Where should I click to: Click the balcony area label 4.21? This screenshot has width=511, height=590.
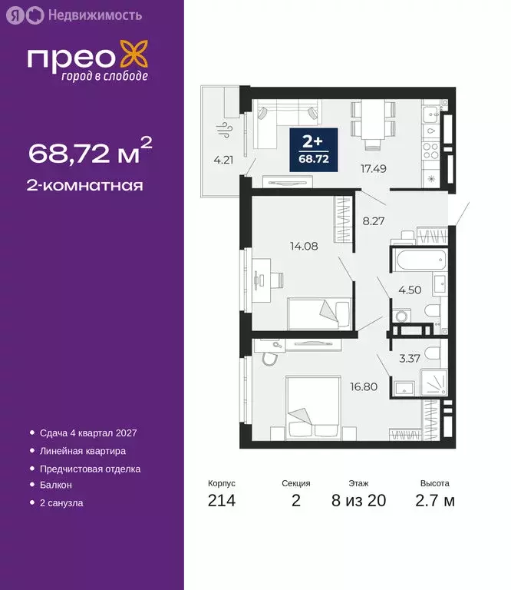[x=223, y=161]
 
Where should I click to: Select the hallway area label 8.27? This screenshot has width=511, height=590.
[x=373, y=221]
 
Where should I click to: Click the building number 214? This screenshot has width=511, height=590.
[x=221, y=502]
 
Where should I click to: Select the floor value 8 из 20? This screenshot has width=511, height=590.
[x=359, y=502]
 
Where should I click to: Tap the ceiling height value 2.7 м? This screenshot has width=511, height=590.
[x=434, y=502]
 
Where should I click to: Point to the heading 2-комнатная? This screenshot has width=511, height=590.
[x=86, y=185]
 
